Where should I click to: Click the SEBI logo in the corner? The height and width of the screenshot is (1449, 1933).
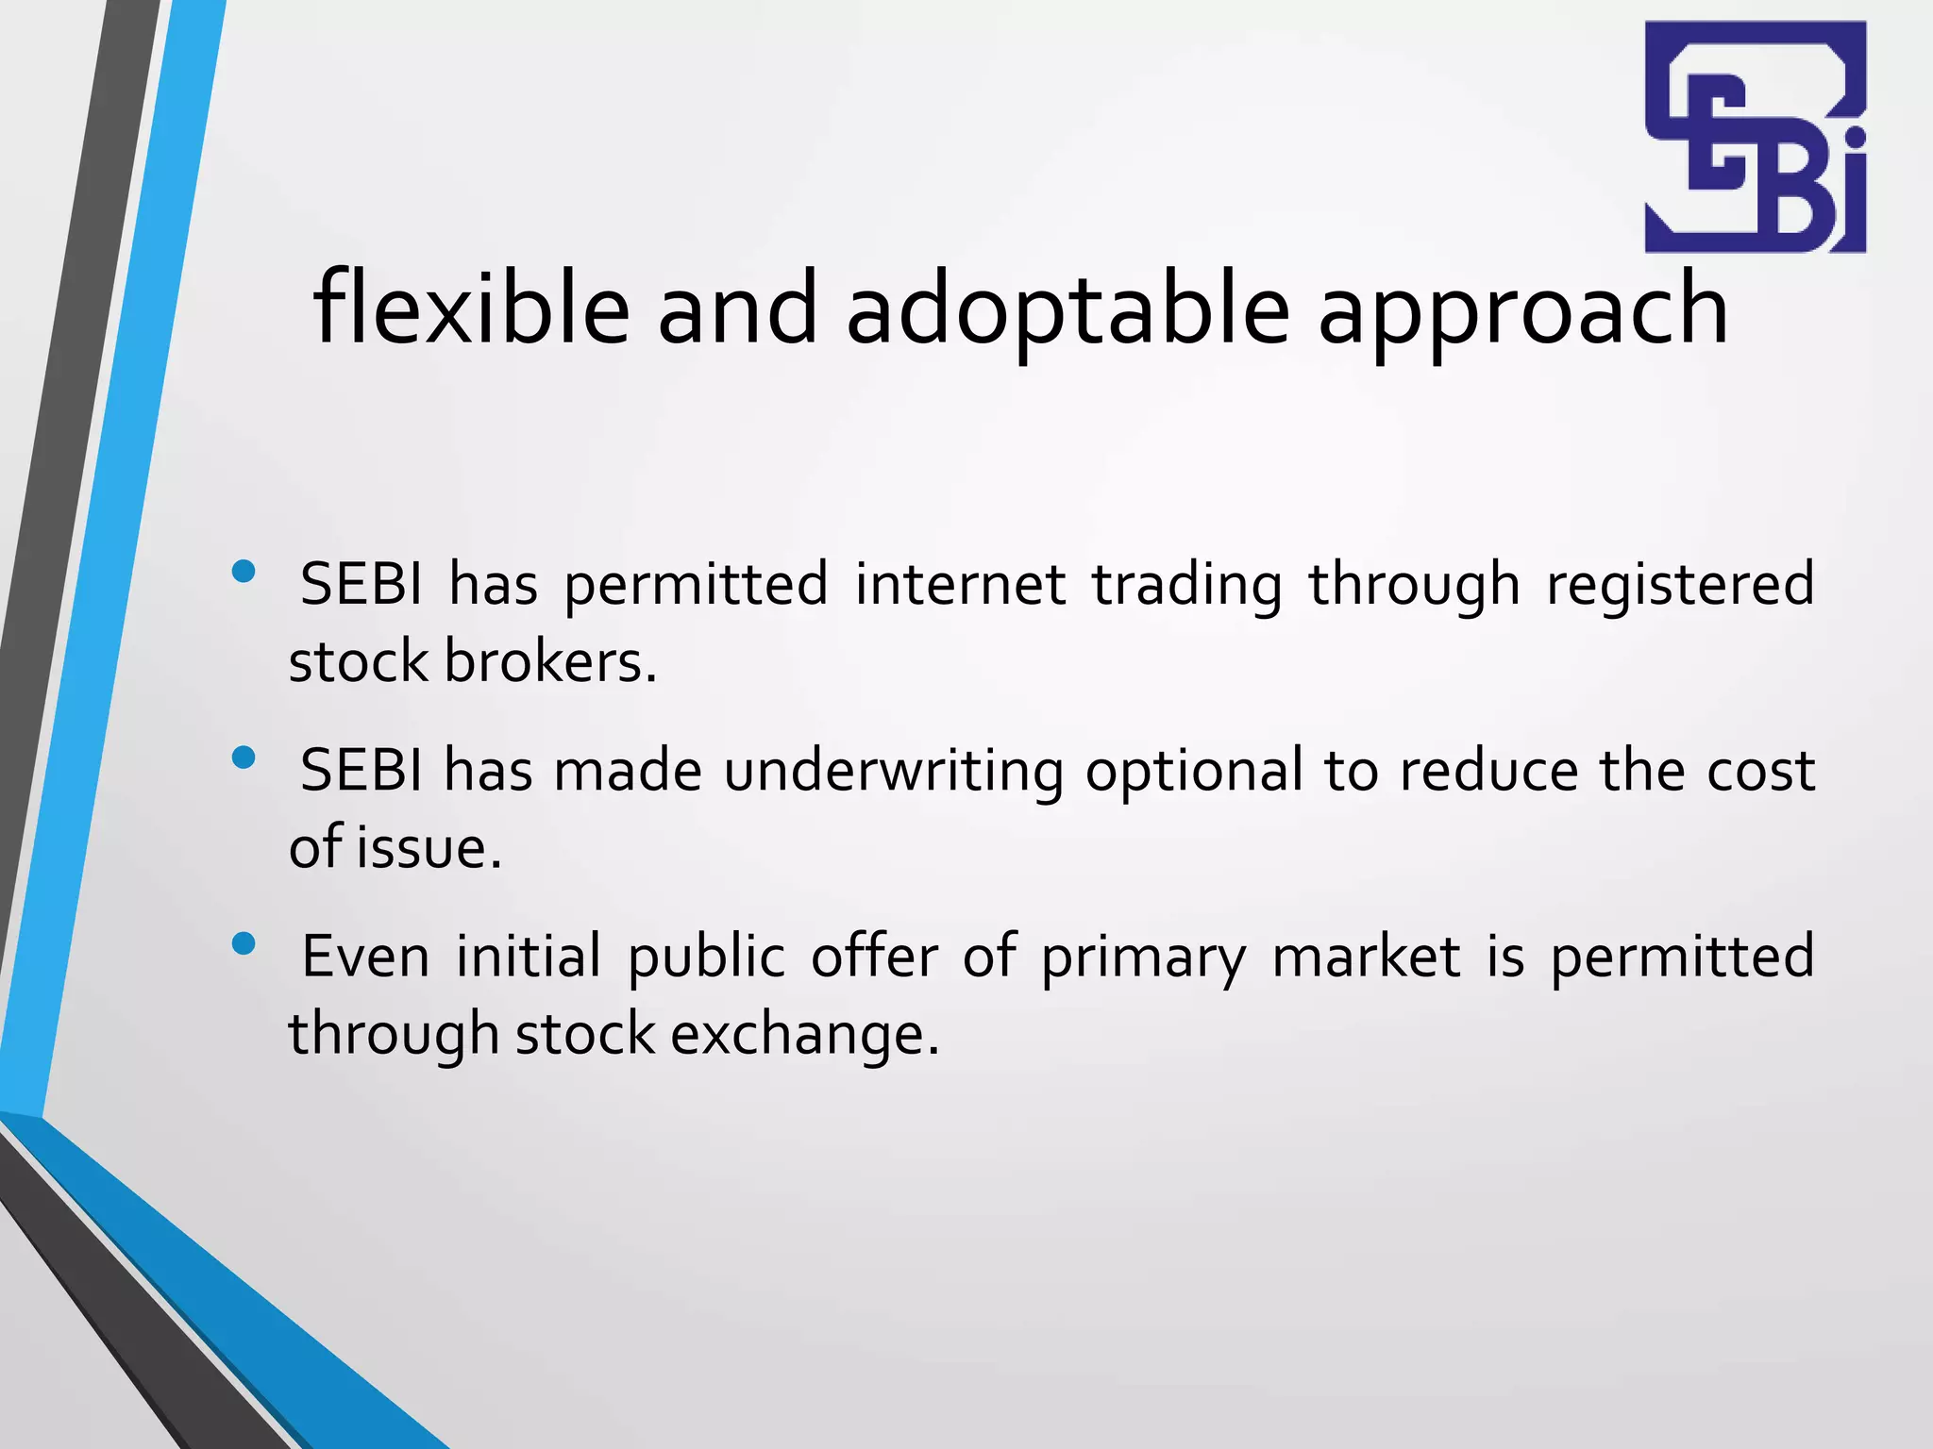(x=1756, y=137)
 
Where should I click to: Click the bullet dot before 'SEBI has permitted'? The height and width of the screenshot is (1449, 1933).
(x=244, y=571)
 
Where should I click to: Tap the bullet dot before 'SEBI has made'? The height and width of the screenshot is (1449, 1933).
(x=244, y=758)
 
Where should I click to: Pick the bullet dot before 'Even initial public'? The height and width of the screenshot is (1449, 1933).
(x=244, y=943)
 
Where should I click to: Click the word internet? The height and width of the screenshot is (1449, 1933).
(x=960, y=584)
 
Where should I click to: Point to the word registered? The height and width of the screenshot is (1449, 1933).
(x=1680, y=584)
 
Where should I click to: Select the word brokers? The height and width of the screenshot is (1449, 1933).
(x=549, y=661)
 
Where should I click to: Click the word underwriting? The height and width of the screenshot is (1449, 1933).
(x=893, y=771)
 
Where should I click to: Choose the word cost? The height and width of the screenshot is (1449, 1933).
(x=1760, y=771)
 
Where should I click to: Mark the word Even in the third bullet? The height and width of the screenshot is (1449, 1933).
(x=365, y=957)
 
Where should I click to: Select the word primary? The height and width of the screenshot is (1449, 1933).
(x=1143, y=957)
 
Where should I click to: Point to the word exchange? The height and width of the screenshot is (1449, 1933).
(x=805, y=1034)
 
